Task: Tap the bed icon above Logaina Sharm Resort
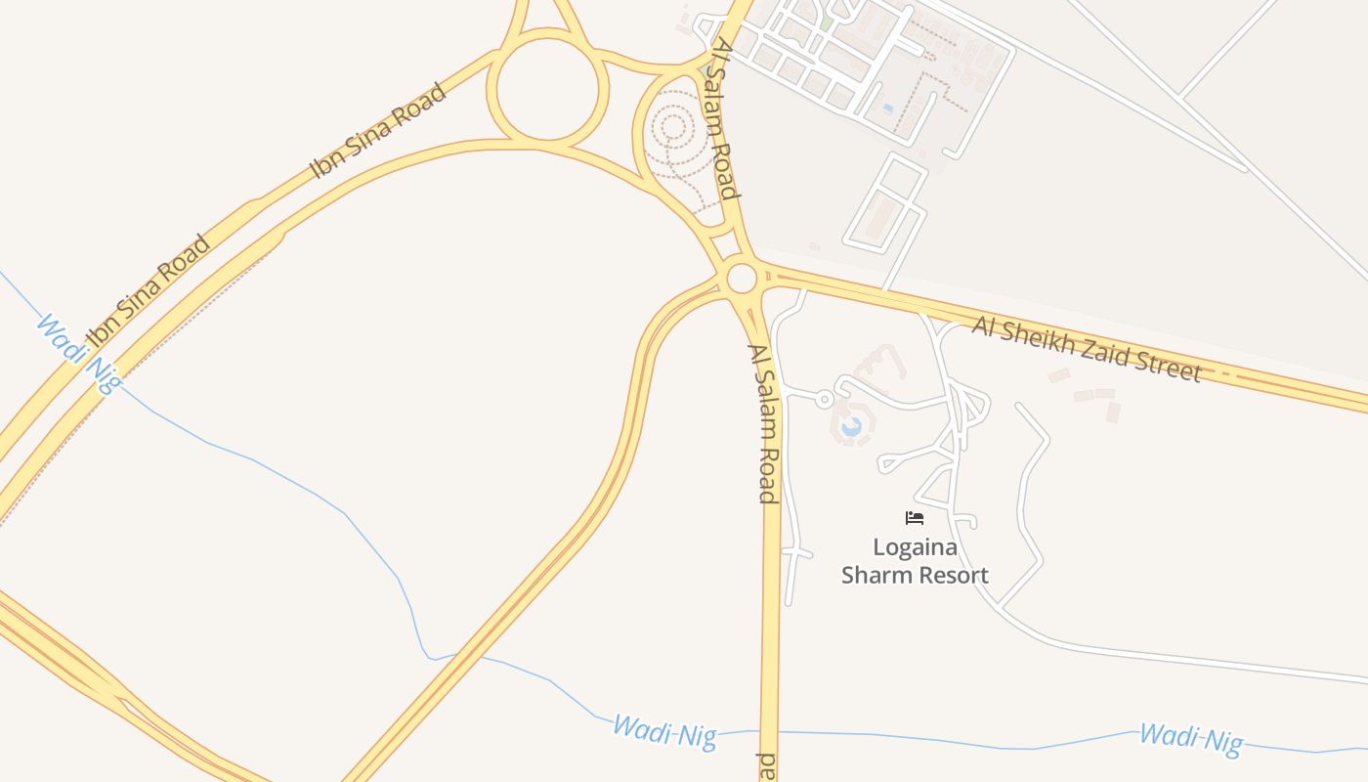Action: coord(915,518)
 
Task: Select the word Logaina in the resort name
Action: coord(915,547)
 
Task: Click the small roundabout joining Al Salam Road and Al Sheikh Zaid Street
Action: coord(742,279)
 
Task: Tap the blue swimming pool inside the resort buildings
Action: coord(851,426)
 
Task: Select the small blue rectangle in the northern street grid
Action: coord(887,108)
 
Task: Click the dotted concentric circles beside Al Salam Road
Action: coord(672,127)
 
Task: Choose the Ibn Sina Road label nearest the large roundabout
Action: coord(378,131)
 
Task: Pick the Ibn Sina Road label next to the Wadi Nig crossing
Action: coord(148,291)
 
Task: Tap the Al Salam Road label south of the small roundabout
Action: coord(762,423)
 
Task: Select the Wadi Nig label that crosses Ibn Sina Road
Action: coord(79,353)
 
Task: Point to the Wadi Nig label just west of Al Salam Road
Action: coord(664,732)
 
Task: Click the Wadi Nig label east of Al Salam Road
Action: coord(1190,739)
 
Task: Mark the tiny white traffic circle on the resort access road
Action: coord(824,399)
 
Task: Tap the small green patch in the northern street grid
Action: coord(827,22)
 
